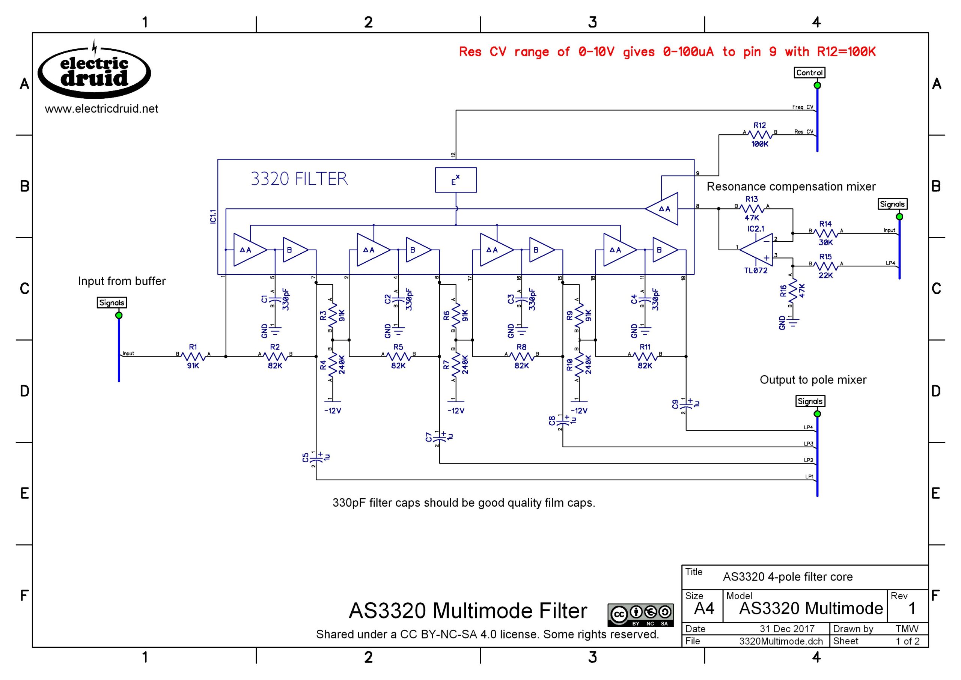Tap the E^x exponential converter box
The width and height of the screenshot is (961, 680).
(456, 180)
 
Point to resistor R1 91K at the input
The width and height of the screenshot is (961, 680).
(193, 357)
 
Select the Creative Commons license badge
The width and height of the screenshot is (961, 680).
(640, 615)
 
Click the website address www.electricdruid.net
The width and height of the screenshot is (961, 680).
(101, 109)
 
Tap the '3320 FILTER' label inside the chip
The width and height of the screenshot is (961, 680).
(299, 179)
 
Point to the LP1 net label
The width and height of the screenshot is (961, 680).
(809, 477)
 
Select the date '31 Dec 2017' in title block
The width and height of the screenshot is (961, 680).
(787, 629)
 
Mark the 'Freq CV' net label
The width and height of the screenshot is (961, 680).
(802, 107)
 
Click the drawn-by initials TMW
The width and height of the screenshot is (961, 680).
(907, 629)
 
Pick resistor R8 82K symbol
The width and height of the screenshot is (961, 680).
(521, 357)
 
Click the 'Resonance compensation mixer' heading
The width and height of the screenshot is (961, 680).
(791, 187)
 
